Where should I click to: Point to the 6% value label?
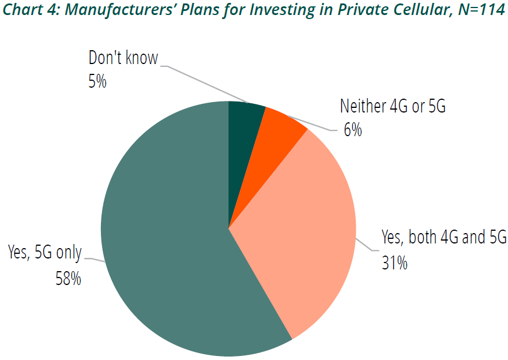coord(352,130)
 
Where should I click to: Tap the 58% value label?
coord(67,278)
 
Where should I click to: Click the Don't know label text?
coord(123,58)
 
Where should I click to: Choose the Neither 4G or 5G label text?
coord(393,107)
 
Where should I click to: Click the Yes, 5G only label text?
coord(45,253)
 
